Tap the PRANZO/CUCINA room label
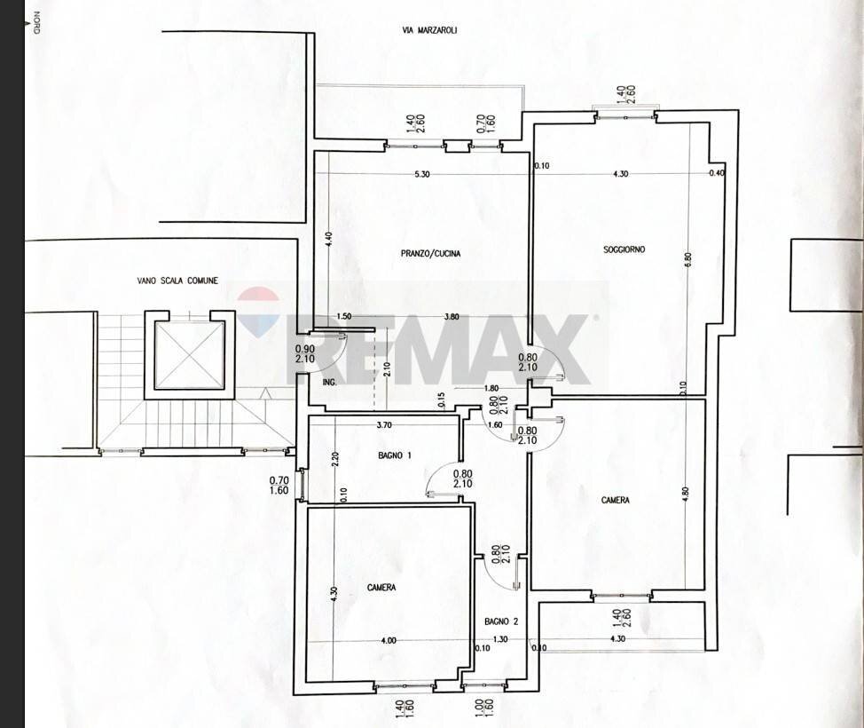pyautogui.click(x=430, y=254)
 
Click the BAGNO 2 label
pyautogui.click(x=500, y=621)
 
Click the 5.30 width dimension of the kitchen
pyautogui.click(x=421, y=174)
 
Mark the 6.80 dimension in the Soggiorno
pyautogui.click(x=687, y=263)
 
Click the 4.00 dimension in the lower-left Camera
pyautogui.click(x=389, y=639)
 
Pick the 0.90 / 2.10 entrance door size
pyautogui.click(x=304, y=354)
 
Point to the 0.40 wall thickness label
pyautogui.click(x=717, y=173)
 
